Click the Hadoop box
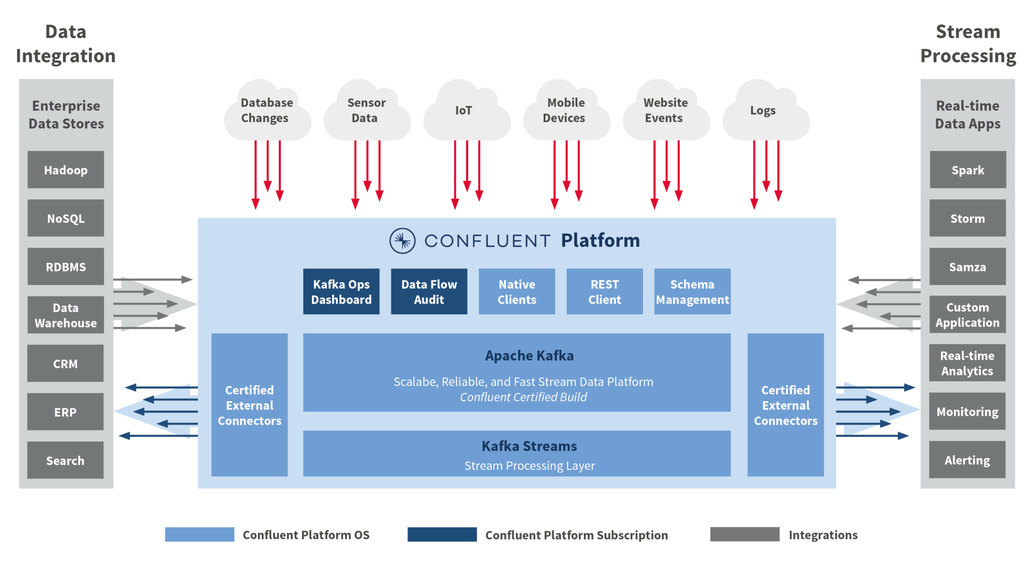tap(66, 170)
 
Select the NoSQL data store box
tap(66, 218)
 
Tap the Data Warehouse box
tap(66, 315)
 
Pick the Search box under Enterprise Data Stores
tap(66, 461)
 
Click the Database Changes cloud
tap(266, 111)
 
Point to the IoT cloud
tap(465, 111)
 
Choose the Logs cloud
tap(764, 111)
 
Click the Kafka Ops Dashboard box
tap(341, 292)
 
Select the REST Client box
tap(604, 292)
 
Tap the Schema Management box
tap(692, 292)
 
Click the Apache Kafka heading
tap(529, 356)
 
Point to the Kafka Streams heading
tap(529, 446)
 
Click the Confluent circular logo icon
tap(403, 241)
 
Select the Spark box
tap(967, 170)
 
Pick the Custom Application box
tap(967, 315)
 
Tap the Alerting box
tap(967, 460)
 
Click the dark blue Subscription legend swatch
tap(442, 535)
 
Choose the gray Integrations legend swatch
tap(744, 534)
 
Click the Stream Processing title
tap(968, 44)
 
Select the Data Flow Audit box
tap(429, 292)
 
